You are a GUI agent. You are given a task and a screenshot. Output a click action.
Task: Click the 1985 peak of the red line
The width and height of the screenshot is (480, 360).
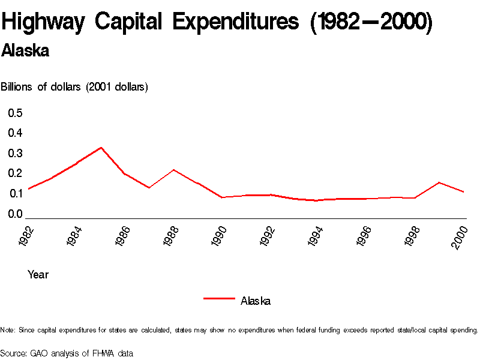(101, 148)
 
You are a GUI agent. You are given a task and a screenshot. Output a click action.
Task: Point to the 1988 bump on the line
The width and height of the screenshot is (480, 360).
(173, 170)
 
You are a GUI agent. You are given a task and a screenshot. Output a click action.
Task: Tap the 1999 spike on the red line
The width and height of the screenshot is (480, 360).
(439, 182)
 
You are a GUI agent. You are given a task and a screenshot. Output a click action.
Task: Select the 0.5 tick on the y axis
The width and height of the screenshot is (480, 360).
(16, 113)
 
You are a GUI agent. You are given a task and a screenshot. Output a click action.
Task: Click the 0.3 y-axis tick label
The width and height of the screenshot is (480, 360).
(16, 153)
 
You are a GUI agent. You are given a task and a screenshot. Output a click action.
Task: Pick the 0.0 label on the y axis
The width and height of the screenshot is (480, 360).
(16, 214)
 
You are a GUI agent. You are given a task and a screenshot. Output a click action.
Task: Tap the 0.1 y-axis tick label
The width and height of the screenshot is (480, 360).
(16, 193)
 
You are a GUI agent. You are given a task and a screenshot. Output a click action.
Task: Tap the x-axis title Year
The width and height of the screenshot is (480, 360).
(38, 275)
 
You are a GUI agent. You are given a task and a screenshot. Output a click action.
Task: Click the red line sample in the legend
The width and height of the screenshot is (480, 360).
(218, 298)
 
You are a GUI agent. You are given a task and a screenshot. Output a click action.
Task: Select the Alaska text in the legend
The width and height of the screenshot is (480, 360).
(256, 301)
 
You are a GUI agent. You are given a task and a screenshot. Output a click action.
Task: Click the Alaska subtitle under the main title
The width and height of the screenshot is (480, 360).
(25, 51)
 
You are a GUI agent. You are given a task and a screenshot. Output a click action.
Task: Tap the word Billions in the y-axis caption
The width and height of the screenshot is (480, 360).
(17, 87)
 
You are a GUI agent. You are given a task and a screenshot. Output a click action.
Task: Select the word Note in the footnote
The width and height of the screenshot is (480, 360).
(8, 330)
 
